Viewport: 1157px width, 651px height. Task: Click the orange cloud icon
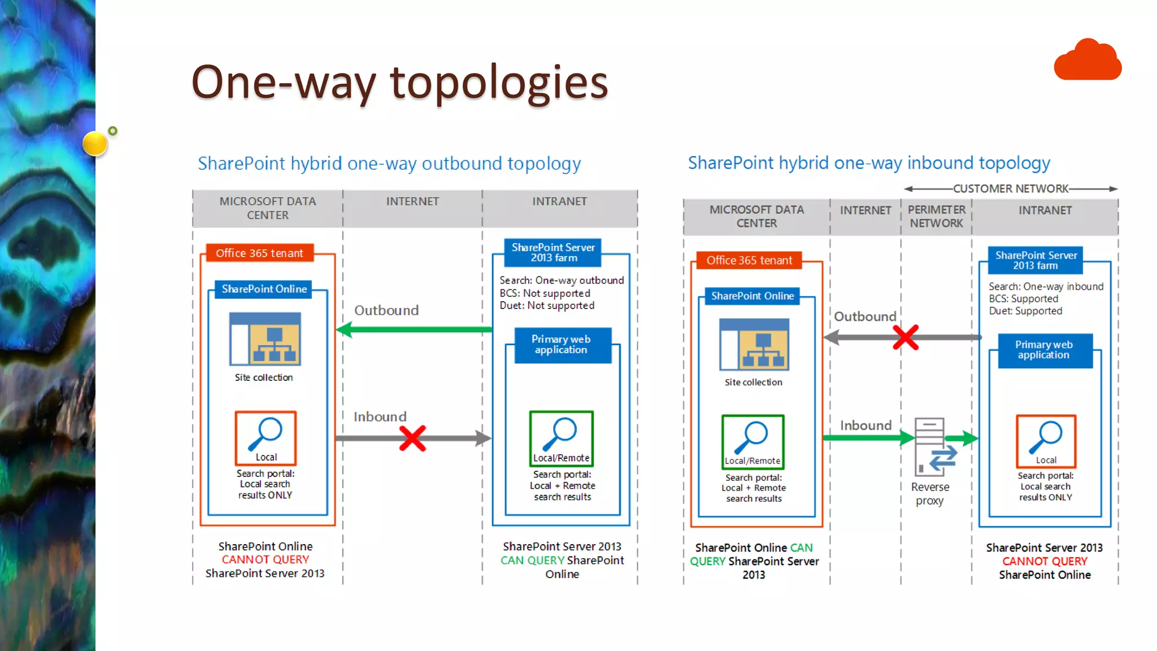pos(1088,60)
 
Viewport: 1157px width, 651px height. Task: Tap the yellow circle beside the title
pos(95,143)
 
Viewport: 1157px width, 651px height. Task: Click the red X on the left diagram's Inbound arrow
pos(412,438)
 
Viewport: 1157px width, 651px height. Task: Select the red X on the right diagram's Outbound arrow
pos(906,337)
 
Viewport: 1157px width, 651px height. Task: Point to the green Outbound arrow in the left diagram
pos(415,329)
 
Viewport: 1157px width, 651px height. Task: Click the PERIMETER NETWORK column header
pos(936,216)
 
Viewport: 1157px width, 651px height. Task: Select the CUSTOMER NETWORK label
pos(1011,189)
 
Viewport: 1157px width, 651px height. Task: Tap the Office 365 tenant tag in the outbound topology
pos(259,253)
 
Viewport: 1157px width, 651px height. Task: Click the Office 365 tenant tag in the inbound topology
pos(749,261)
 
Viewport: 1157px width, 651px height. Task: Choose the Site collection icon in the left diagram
pos(265,339)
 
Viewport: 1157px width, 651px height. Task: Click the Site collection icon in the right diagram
pos(754,345)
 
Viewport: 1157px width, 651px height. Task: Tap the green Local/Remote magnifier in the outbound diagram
pos(562,438)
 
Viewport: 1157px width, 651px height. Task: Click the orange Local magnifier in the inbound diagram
pos(1046,441)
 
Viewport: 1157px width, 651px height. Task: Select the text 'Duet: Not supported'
pos(547,306)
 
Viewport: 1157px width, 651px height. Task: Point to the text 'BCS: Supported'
pos(1023,299)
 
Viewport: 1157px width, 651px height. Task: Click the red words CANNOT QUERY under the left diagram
pos(265,559)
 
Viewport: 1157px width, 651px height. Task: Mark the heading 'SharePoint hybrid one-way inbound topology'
pos(868,163)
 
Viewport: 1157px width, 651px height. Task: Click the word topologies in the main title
pos(498,83)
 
